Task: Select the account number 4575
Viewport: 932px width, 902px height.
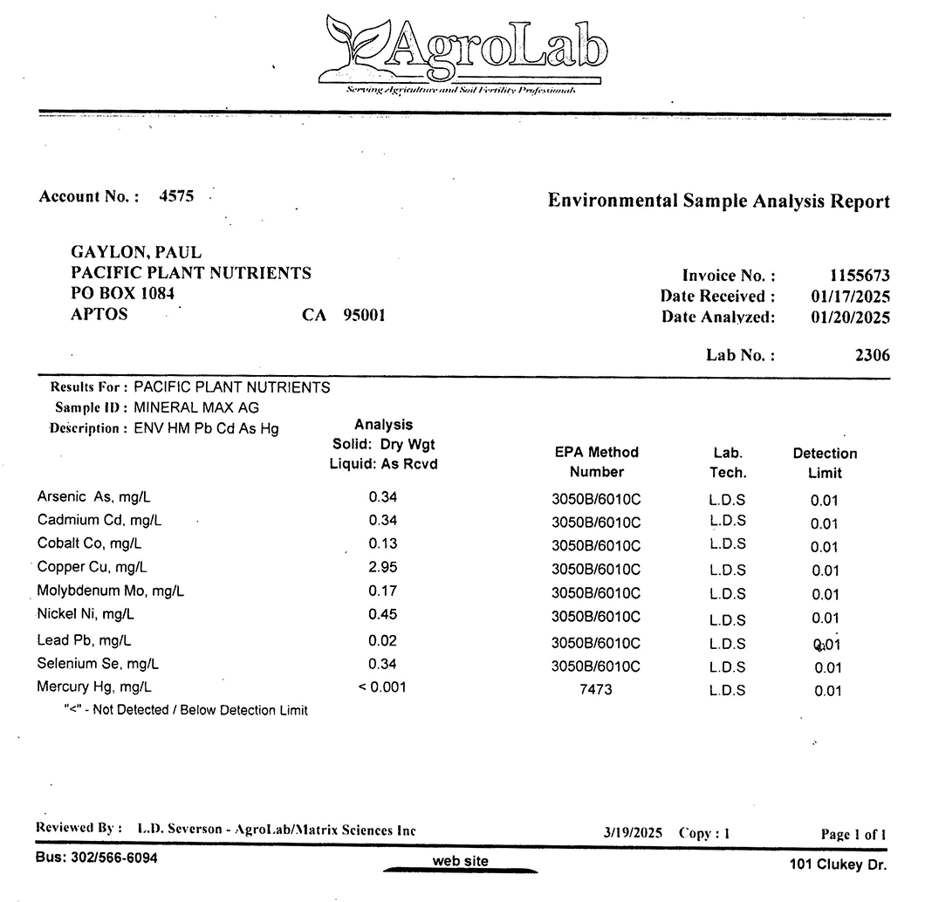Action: pyautogui.click(x=176, y=196)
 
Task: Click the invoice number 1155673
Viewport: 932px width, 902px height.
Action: pyautogui.click(x=860, y=276)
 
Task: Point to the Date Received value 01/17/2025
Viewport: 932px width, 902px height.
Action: pyautogui.click(x=850, y=297)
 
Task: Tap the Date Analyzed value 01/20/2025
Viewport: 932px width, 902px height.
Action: pyautogui.click(x=850, y=318)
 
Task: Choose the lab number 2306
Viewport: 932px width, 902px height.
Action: pyautogui.click(x=873, y=355)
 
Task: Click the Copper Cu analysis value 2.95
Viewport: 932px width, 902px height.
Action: pyautogui.click(x=383, y=567)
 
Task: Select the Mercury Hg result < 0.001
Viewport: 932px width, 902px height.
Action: pyautogui.click(x=382, y=687)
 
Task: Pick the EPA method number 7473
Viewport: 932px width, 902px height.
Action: pyautogui.click(x=596, y=689)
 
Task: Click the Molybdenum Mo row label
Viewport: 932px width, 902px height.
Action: pyautogui.click(x=111, y=591)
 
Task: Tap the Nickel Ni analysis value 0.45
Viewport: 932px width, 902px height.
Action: pyautogui.click(x=383, y=614)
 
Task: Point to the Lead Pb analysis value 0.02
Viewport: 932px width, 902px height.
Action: pyautogui.click(x=383, y=640)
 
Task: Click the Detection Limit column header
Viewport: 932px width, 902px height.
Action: pyautogui.click(x=825, y=463)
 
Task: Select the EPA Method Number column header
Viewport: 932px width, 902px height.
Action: pyautogui.click(x=597, y=461)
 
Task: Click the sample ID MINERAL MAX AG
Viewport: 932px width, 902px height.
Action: pyautogui.click(x=196, y=407)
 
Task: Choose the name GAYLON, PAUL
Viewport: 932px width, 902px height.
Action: pyautogui.click(x=136, y=253)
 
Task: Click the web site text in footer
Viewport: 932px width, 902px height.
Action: pyautogui.click(x=461, y=862)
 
